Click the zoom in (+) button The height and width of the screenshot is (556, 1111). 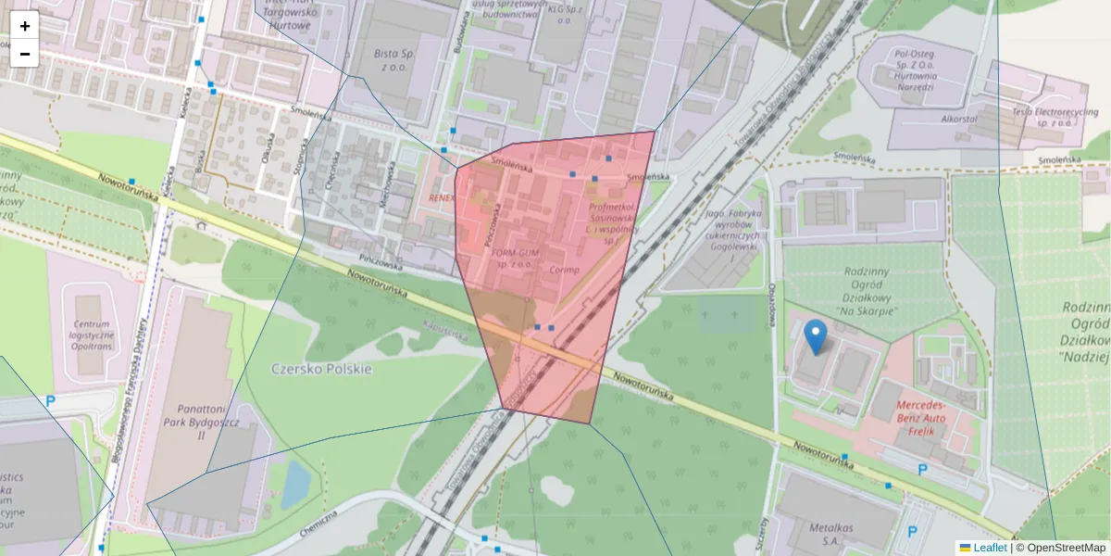point(25,26)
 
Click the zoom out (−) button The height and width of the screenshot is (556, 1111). point(25,54)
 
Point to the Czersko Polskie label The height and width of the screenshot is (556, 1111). point(321,368)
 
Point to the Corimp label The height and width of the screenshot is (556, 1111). point(564,270)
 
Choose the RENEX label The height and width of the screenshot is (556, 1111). point(442,198)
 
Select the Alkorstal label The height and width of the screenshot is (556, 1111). point(959,120)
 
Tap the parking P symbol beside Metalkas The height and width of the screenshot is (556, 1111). point(913,532)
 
